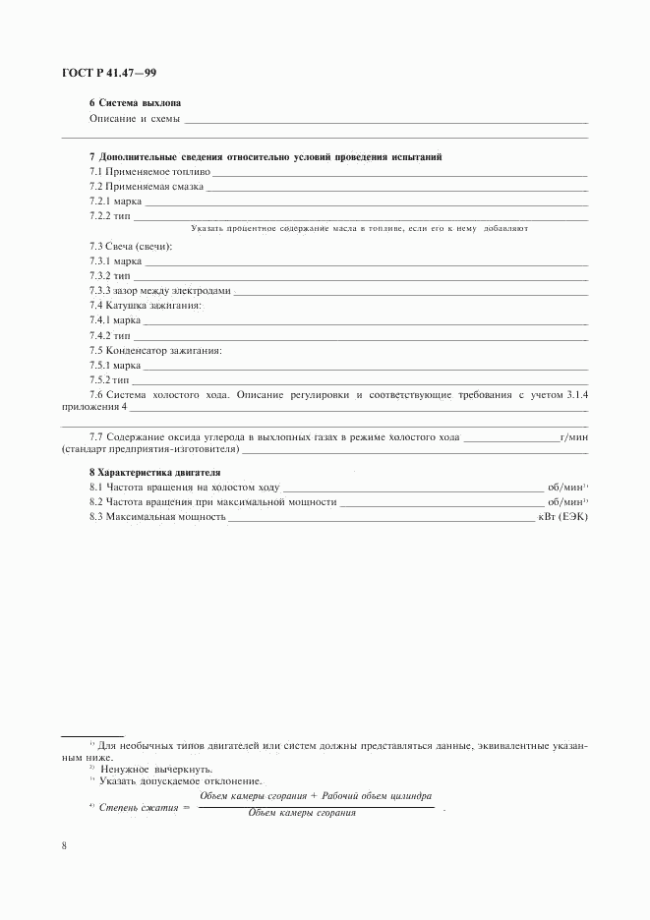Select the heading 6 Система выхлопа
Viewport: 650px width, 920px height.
tap(135, 103)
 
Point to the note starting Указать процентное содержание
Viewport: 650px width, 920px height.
tap(360, 227)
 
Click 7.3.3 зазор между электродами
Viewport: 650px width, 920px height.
tap(159, 291)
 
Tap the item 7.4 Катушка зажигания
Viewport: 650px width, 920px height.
tap(146, 306)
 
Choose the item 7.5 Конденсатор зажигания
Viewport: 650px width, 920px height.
tap(155, 350)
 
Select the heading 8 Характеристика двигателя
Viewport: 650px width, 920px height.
tap(154, 472)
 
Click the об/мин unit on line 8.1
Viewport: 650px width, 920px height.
tap(565, 487)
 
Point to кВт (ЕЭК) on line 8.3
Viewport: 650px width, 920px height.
tap(561, 516)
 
